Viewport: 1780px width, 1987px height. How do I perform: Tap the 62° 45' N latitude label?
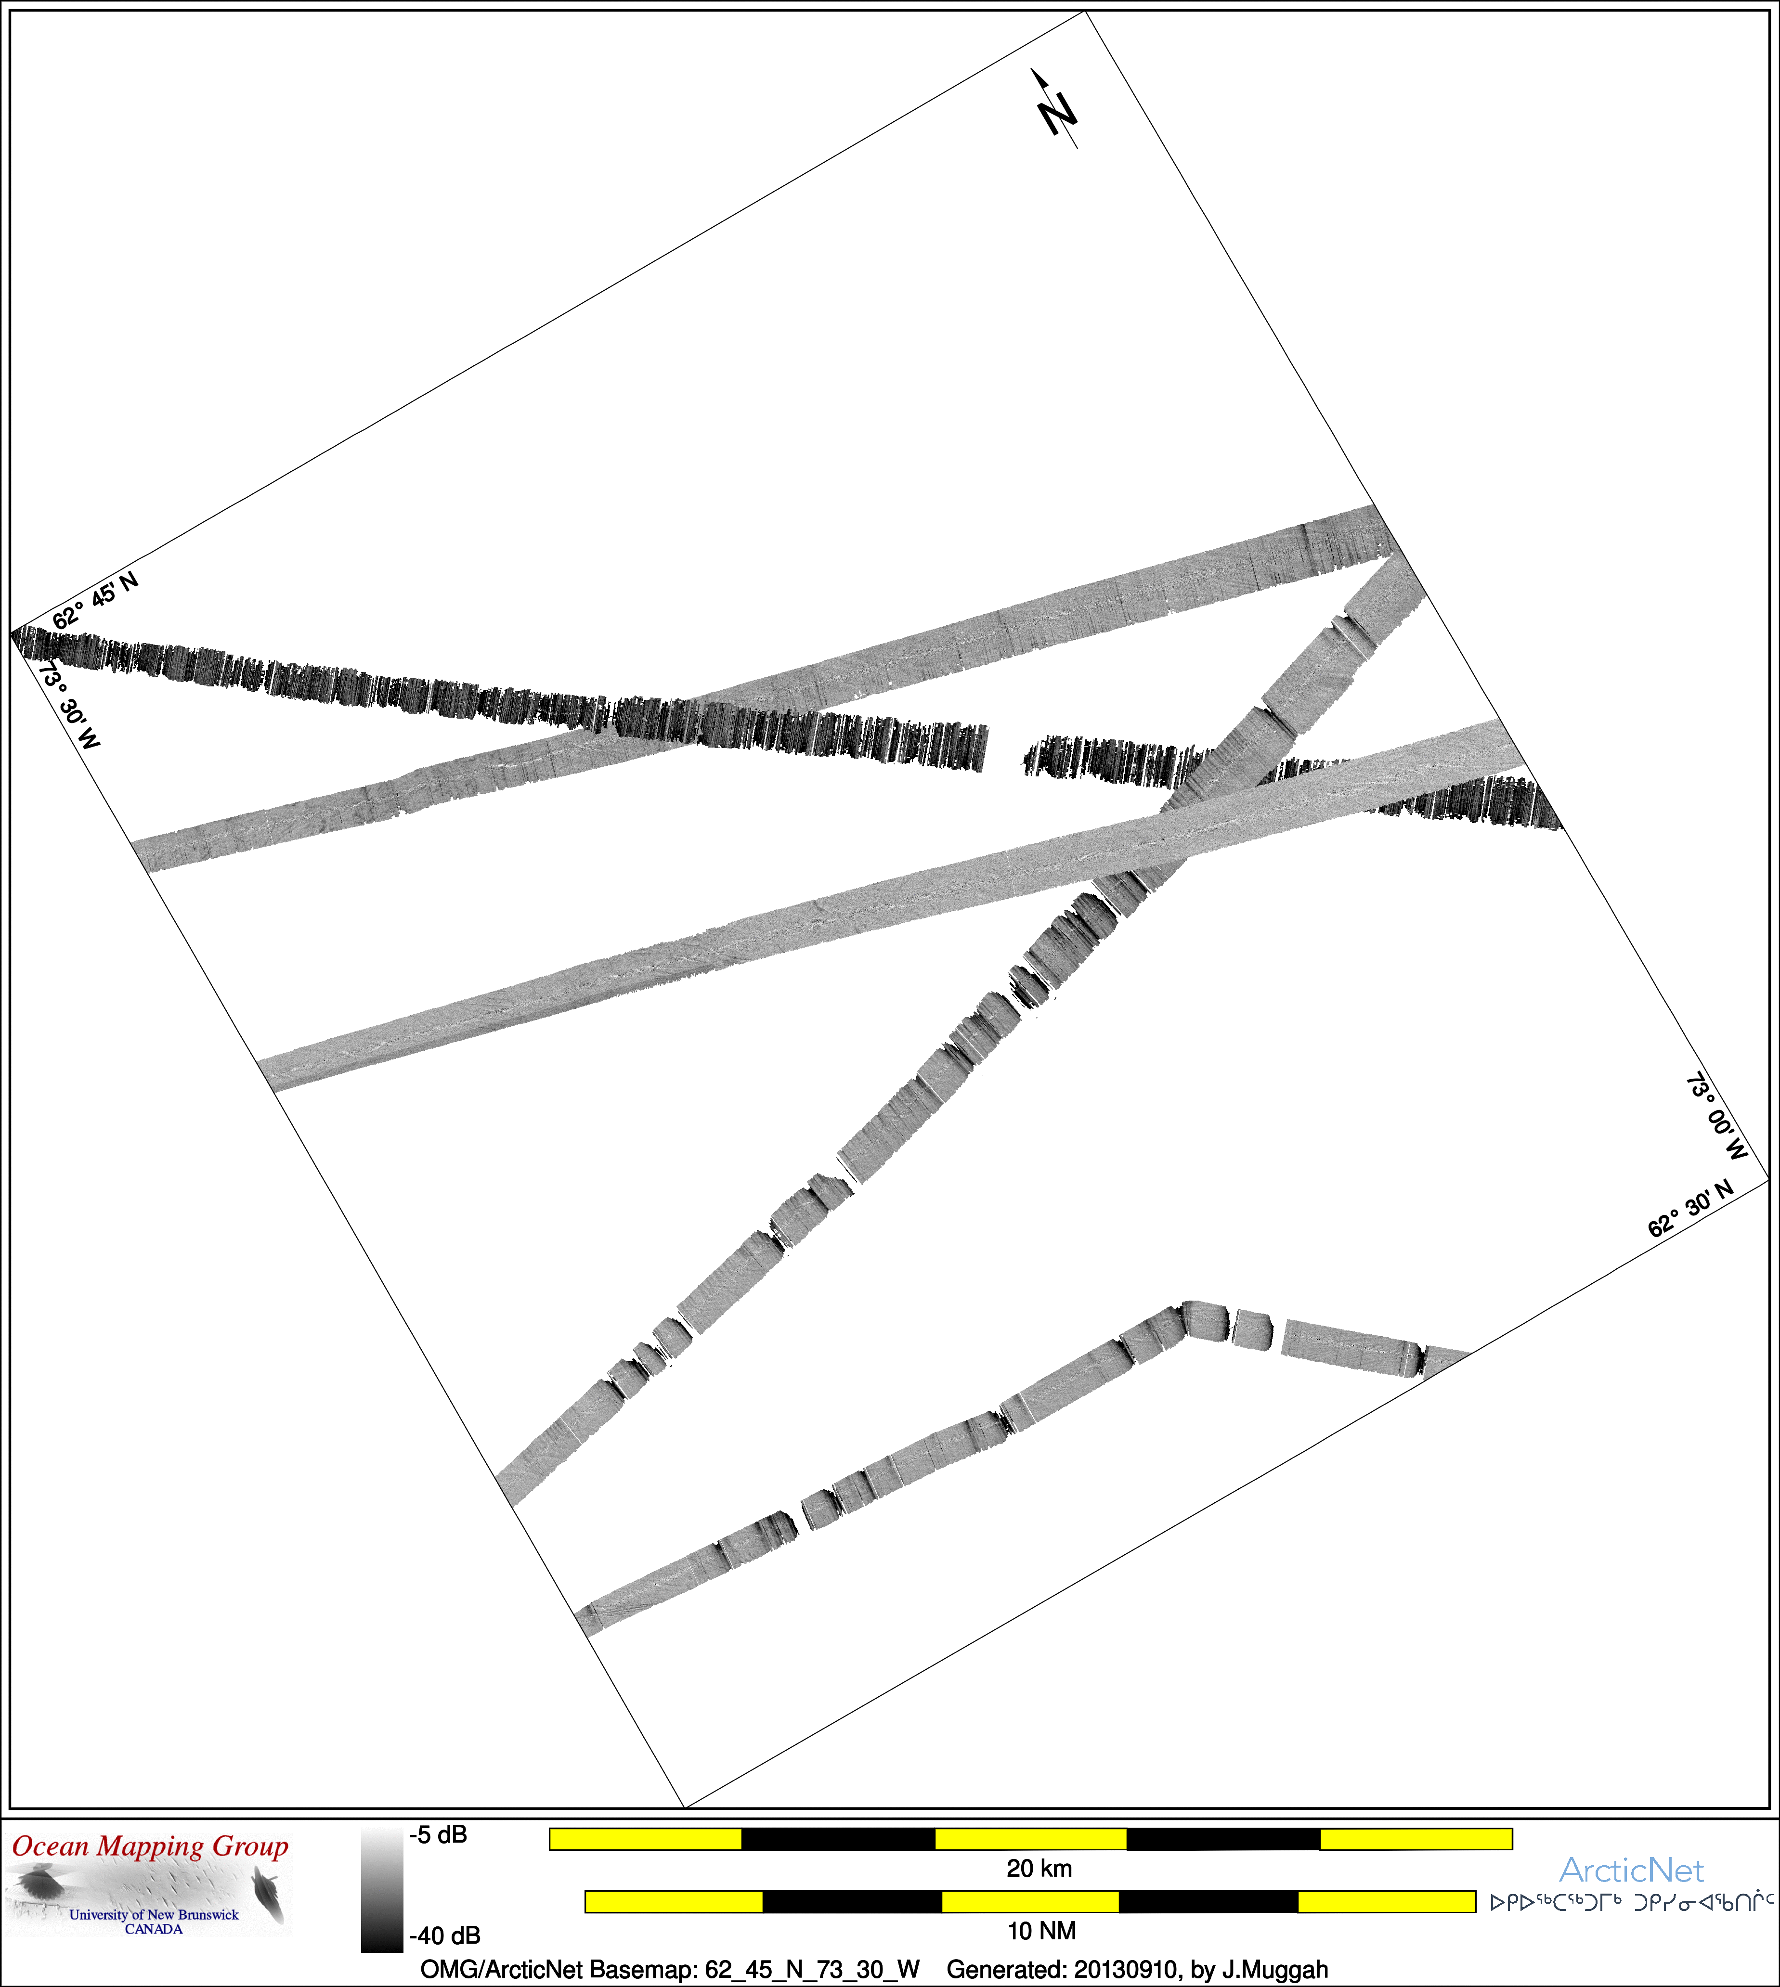click(x=95, y=600)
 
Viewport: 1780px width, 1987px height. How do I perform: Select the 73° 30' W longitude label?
click(x=68, y=704)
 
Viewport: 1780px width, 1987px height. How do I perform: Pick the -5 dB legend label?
click(x=438, y=1834)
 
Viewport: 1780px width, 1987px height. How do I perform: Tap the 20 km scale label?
click(x=1039, y=1869)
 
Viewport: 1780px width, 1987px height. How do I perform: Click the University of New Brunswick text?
click(x=154, y=1915)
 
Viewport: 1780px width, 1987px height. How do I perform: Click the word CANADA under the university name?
click(x=154, y=1929)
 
